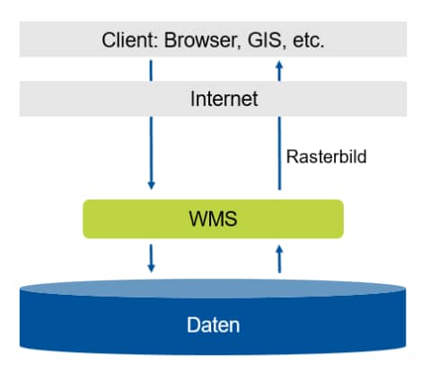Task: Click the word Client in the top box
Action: pos(128,40)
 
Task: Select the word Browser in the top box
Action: pos(202,40)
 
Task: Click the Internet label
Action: pos(224,99)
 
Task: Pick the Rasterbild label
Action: pos(326,156)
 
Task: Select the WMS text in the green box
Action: pos(213,218)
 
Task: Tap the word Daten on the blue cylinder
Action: pos(213,324)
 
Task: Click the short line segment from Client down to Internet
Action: pos(151,70)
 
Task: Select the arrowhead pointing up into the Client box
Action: pos(279,66)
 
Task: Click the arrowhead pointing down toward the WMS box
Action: pos(152,184)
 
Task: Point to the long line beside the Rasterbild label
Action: pos(279,153)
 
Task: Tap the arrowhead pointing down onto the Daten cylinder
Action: pos(152,268)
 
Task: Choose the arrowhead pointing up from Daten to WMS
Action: pos(279,250)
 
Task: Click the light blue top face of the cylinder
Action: pos(213,289)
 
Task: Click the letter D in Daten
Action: pos(193,324)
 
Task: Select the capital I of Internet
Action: pos(192,99)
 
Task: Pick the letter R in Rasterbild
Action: pos(293,156)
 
